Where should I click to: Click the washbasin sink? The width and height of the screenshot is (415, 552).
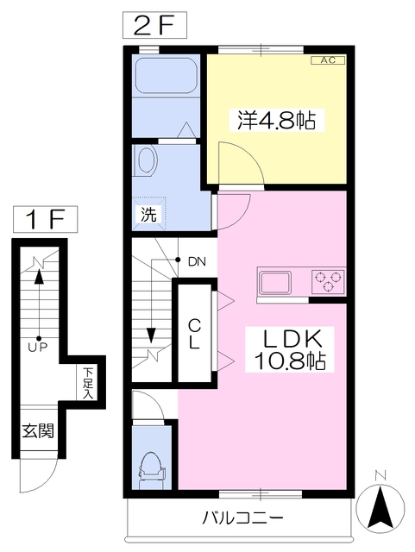(148, 161)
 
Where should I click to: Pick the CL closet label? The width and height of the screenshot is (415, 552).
(196, 333)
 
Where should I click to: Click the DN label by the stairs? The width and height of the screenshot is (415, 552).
(196, 260)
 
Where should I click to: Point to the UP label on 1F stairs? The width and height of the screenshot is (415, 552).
(38, 347)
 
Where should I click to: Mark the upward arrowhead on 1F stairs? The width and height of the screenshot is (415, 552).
(38, 277)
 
